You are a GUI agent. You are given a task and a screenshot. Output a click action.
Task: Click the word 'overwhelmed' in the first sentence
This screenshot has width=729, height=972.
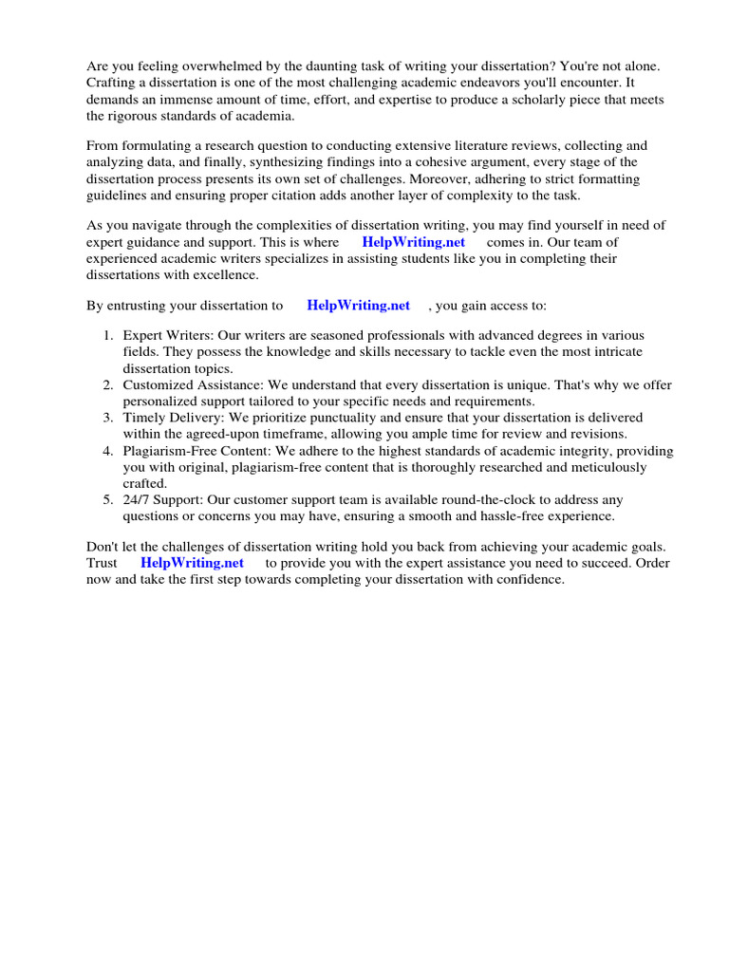tap(215, 66)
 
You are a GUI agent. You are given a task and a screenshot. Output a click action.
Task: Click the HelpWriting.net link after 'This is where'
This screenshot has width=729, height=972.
tap(414, 242)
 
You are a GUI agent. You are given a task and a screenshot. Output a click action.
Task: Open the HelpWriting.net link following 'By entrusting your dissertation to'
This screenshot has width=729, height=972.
tap(359, 306)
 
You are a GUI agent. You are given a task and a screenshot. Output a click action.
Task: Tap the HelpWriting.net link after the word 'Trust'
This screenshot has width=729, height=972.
tap(192, 563)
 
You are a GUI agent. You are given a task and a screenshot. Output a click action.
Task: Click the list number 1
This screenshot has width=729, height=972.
tap(107, 335)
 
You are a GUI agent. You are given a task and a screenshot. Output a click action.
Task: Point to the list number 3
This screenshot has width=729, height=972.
tap(107, 418)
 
